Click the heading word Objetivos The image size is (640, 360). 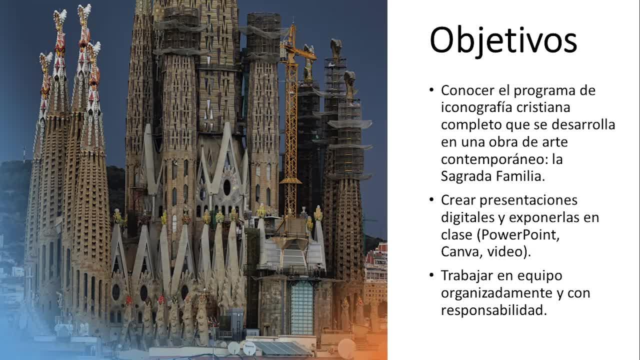click(503, 40)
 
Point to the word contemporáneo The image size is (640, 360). click(491, 159)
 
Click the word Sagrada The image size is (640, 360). click(466, 176)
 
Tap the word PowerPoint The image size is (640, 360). click(520, 235)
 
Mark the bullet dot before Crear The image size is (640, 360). click(431, 200)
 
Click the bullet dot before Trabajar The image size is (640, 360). click(431, 275)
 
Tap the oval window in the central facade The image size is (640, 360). click(227, 187)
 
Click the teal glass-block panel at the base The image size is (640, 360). click(301, 307)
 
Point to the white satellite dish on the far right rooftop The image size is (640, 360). click(347, 348)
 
